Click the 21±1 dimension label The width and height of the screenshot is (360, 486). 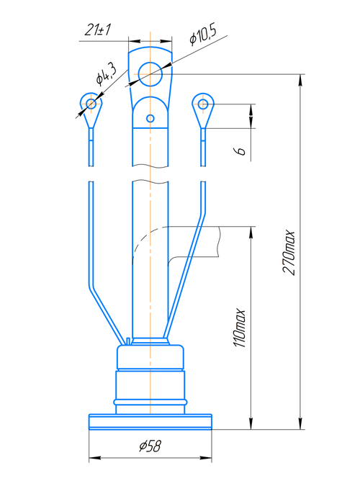click(97, 30)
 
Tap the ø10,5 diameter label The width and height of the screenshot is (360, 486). click(203, 35)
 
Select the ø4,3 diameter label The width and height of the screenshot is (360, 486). click(106, 75)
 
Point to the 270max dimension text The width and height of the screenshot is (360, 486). click(289, 252)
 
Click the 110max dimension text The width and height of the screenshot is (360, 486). click(239, 328)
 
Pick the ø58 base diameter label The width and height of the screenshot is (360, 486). click(150, 446)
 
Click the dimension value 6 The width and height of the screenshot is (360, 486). click(240, 151)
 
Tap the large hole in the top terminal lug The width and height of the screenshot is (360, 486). click(150, 74)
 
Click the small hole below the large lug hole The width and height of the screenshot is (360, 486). click(150, 118)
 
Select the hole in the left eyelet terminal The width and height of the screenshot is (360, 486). click(91, 103)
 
